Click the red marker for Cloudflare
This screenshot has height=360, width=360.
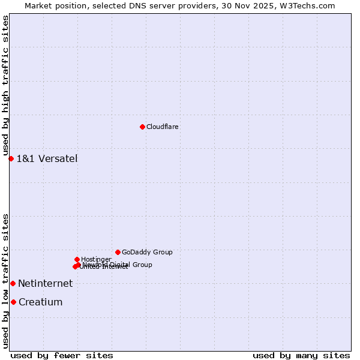click(142, 127)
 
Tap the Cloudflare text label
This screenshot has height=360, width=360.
click(163, 127)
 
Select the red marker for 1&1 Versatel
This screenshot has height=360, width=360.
click(11, 158)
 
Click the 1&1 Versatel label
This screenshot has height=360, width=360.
click(47, 159)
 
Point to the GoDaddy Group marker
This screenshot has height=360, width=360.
click(118, 252)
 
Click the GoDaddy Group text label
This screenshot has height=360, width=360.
click(147, 253)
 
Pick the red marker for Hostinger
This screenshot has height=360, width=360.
click(77, 259)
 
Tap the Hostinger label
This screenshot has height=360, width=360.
click(96, 260)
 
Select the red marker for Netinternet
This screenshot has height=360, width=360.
click(13, 283)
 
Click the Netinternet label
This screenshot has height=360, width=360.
click(45, 284)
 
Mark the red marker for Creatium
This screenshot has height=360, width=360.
click(13, 302)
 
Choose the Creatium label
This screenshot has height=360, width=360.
click(40, 302)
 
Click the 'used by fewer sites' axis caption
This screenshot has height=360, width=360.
click(62, 355)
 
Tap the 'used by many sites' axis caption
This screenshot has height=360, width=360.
click(301, 355)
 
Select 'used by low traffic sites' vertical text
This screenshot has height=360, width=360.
click(5, 280)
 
